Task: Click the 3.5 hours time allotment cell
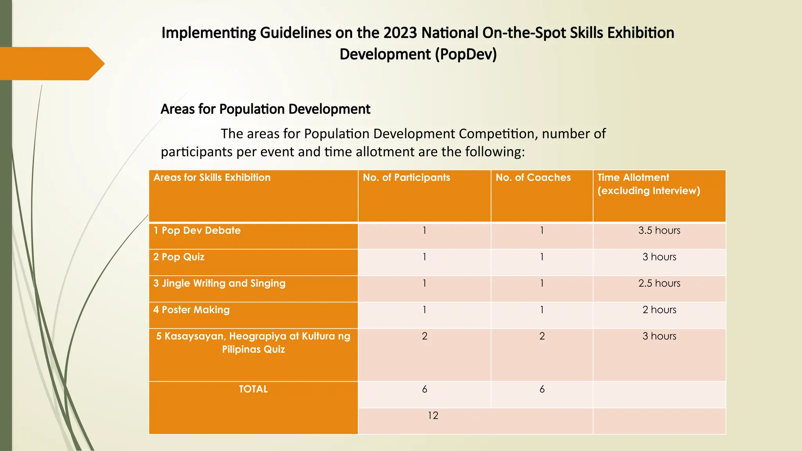(x=659, y=231)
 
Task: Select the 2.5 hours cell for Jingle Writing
(x=659, y=283)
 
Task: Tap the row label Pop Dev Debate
(x=197, y=231)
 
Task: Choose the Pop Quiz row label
(x=179, y=257)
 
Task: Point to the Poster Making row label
(x=191, y=310)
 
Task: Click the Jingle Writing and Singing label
(x=219, y=283)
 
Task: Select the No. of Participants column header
(x=406, y=178)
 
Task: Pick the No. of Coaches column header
(x=533, y=178)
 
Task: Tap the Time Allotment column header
(x=648, y=184)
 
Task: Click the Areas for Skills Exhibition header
(x=212, y=178)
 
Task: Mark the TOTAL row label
(x=253, y=389)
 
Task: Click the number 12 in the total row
(x=433, y=416)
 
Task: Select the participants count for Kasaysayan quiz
(x=424, y=336)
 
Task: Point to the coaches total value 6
(x=542, y=389)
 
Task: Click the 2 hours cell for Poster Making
(x=659, y=310)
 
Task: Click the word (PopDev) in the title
(x=466, y=54)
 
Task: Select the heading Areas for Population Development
(x=265, y=109)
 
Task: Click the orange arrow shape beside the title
(x=51, y=63)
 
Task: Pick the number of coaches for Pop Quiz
(x=542, y=257)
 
